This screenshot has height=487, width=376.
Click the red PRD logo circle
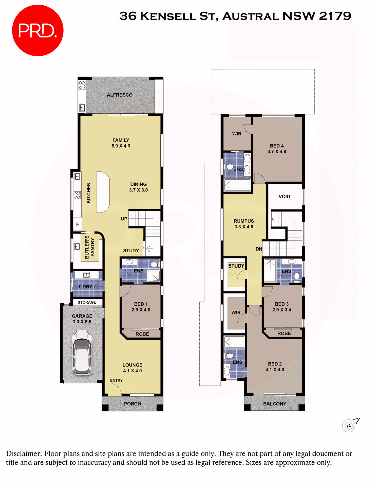pos(37,30)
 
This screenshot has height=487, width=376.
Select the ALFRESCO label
pos(120,95)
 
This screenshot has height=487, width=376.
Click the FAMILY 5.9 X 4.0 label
pos(121,143)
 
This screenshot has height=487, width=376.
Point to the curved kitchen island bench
pos(103,192)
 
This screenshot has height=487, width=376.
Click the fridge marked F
pos(78,224)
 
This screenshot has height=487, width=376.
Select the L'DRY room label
pos(85,287)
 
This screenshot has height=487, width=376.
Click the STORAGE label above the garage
pos(87,302)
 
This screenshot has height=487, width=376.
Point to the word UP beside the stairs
pos(124,219)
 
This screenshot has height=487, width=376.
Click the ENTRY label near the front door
pos(116,380)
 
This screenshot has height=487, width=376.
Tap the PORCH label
pos(132,404)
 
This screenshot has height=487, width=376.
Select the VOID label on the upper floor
pos(284,197)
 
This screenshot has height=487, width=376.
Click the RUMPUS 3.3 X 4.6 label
pos(244,224)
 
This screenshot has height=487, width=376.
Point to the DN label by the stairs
pos(259,249)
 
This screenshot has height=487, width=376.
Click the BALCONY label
pos(275,404)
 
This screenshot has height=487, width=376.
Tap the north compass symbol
pos(349,426)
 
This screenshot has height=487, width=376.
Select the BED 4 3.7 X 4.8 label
pos(277,149)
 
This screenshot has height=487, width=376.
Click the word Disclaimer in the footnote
pos(24,454)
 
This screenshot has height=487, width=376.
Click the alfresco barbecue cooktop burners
pos(82,85)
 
